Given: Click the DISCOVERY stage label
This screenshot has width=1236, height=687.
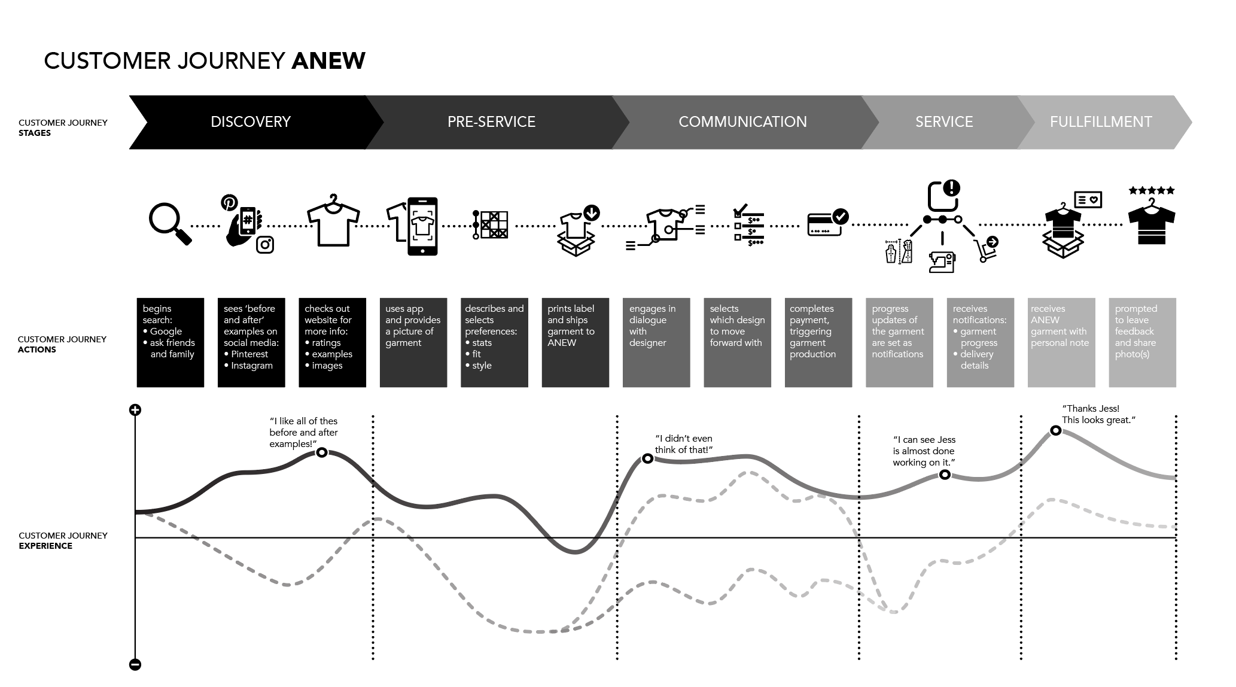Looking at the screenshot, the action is tap(250, 122).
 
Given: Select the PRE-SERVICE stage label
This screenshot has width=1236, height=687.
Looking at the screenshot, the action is tap(491, 122).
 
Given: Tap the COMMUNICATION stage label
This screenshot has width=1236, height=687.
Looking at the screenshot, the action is tap(742, 122).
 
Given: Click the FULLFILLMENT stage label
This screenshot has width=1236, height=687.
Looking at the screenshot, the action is tap(1101, 122).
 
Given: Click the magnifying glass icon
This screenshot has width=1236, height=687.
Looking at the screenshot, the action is tap(169, 224).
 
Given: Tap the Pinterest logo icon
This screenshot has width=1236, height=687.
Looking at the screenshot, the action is tap(229, 202).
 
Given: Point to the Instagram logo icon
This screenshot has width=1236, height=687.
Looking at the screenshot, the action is tap(265, 244).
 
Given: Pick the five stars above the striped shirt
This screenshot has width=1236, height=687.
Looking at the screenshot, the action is tap(1152, 190).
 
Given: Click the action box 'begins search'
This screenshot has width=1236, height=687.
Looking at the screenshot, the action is tap(171, 342).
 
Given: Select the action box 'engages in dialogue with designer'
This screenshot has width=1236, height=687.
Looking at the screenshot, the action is tap(656, 342).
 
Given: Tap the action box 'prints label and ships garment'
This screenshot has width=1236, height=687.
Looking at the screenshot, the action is tap(575, 342).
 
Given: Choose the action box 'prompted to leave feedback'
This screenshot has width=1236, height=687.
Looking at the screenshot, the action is tap(1142, 342).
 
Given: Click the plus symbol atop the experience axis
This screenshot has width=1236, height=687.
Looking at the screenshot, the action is tap(135, 410).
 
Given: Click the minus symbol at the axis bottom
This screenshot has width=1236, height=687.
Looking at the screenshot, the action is tap(135, 664).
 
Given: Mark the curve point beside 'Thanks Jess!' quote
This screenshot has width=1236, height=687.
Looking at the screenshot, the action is tap(1056, 430).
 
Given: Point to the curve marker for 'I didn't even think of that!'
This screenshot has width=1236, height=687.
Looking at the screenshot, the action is tap(647, 459).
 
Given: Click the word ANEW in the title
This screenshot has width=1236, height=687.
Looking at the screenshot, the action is tap(328, 61).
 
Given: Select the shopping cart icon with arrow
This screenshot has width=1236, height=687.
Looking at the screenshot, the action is tap(986, 248).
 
